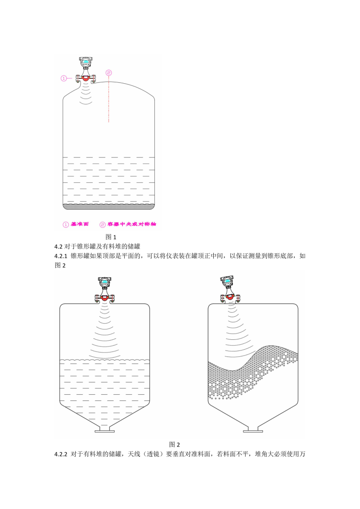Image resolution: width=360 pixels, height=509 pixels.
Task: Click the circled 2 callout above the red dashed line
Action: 109,73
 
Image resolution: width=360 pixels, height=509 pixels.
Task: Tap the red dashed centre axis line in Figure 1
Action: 109,99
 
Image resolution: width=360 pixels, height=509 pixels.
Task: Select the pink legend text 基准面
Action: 80,224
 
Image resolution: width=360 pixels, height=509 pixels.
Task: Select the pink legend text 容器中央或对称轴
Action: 131,224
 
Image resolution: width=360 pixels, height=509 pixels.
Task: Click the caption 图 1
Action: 111,237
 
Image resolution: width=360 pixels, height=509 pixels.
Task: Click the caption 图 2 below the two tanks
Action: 174,444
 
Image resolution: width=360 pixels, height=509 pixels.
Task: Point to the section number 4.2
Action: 58,247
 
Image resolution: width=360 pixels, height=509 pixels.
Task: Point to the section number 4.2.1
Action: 61,256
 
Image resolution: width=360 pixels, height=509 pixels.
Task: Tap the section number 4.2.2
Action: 61,454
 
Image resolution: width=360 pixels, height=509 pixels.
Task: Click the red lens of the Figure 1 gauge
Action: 85,78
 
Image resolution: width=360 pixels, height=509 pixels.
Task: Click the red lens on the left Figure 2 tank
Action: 104,298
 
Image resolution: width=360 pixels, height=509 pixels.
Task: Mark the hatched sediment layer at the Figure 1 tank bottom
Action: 109,207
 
